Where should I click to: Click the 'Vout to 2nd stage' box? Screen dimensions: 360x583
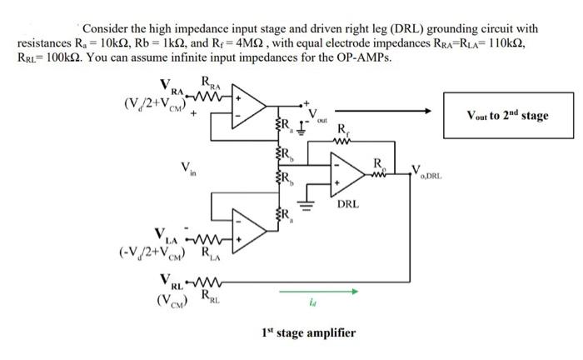pyautogui.click(x=508, y=115)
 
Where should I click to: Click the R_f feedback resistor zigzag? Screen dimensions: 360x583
pyautogui.click(x=342, y=141)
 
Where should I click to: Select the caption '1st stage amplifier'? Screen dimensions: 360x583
pyautogui.click(x=307, y=332)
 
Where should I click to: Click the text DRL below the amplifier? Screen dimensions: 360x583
pyautogui.click(x=348, y=203)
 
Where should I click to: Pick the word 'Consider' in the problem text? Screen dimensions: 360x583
pyautogui.click(x=103, y=28)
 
